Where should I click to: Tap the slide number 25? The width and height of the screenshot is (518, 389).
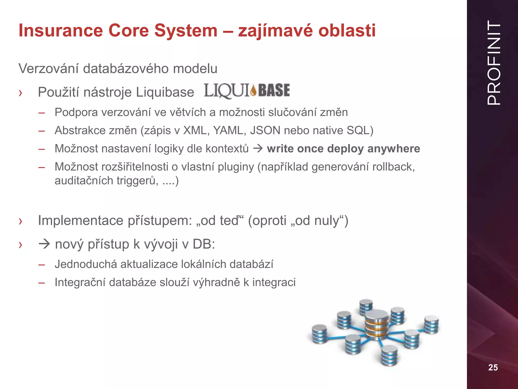pyautogui.click(x=493, y=367)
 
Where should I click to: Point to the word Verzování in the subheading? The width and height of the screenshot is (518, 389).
pyautogui.click(x=48, y=69)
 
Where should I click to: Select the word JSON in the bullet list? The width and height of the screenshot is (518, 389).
pyautogui.click(x=265, y=130)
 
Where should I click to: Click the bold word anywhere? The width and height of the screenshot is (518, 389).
pyautogui.click(x=394, y=149)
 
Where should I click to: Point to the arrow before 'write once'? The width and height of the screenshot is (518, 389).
pyautogui.click(x=258, y=148)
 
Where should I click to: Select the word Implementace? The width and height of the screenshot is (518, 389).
pyautogui.click(x=81, y=220)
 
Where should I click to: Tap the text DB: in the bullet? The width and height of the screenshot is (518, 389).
pyautogui.click(x=204, y=244)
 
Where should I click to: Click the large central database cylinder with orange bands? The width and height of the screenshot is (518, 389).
pyautogui.click(x=377, y=324)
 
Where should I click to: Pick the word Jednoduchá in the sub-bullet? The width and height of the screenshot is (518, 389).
pyautogui.click(x=86, y=264)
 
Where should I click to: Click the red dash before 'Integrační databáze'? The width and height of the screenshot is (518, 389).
pyautogui.click(x=42, y=283)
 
